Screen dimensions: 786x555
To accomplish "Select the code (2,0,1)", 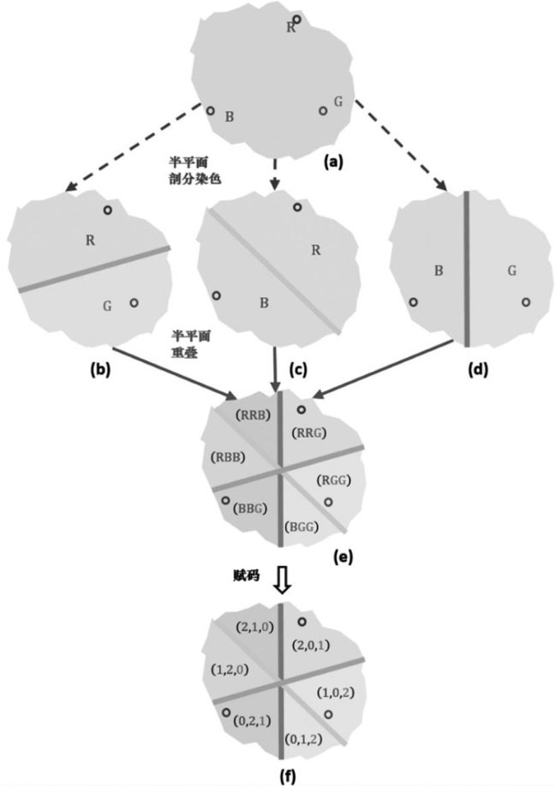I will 312,644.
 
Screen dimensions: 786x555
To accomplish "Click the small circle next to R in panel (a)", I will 297,19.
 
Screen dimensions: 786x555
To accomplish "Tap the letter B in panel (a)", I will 229,116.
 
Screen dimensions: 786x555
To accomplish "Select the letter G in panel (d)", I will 511,271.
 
